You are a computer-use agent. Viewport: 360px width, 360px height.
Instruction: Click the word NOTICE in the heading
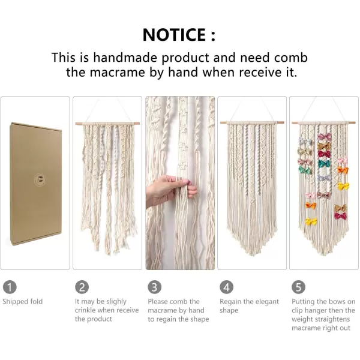(x=174, y=35)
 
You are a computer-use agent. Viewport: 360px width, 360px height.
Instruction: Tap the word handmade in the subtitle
(x=125, y=58)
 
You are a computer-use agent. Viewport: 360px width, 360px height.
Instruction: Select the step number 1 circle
(x=10, y=287)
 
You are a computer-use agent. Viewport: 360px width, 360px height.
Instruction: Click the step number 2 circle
(x=82, y=287)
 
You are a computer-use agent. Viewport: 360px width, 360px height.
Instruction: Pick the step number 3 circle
(x=155, y=287)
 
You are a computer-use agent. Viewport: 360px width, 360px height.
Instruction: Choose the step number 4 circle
(x=226, y=287)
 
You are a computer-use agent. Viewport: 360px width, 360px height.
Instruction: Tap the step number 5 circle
(x=298, y=287)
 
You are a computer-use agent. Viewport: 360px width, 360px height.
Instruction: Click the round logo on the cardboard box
(x=40, y=179)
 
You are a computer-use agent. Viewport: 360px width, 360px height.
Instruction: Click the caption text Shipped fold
(x=23, y=301)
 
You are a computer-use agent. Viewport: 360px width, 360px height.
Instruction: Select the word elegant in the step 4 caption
(x=265, y=302)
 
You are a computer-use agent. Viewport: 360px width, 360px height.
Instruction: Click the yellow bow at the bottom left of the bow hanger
(x=311, y=221)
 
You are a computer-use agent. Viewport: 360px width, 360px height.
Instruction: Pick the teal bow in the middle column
(x=324, y=163)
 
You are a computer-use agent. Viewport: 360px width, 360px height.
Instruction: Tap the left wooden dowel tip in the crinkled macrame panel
(x=76, y=124)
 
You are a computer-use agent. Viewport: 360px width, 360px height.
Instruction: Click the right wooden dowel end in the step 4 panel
(x=282, y=122)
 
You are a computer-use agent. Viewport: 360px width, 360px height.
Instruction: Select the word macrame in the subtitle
(x=118, y=73)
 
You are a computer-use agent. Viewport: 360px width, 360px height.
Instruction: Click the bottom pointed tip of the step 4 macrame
(x=251, y=255)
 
